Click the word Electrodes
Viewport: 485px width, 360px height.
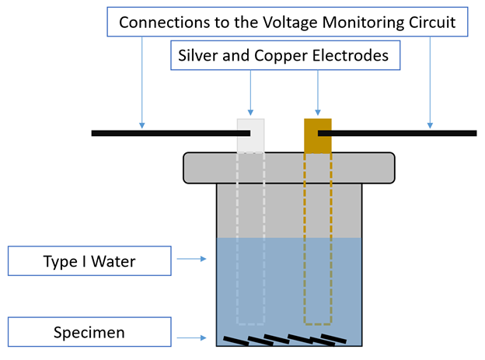[x=350, y=55]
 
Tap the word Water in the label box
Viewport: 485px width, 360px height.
[x=113, y=261]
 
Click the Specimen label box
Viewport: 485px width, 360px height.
[x=89, y=332]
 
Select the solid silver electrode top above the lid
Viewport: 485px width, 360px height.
[x=250, y=135]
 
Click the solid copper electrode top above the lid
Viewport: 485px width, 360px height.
[x=318, y=135]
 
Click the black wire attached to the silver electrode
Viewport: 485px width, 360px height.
[x=171, y=134]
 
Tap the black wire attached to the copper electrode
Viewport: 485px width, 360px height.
[x=397, y=134]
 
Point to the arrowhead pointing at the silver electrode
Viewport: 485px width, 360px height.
[x=250, y=113]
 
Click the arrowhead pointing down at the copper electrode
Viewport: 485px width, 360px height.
[x=318, y=113]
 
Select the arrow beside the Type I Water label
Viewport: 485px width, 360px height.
[x=191, y=259]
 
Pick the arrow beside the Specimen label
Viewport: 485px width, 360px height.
[x=191, y=337]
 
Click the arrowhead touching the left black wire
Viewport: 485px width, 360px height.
[x=142, y=125]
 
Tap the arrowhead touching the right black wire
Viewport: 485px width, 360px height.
[x=430, y=125]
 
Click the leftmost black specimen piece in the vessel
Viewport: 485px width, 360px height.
[x=236, y=341]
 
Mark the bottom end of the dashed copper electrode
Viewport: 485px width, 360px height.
[x=318, y=324]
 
